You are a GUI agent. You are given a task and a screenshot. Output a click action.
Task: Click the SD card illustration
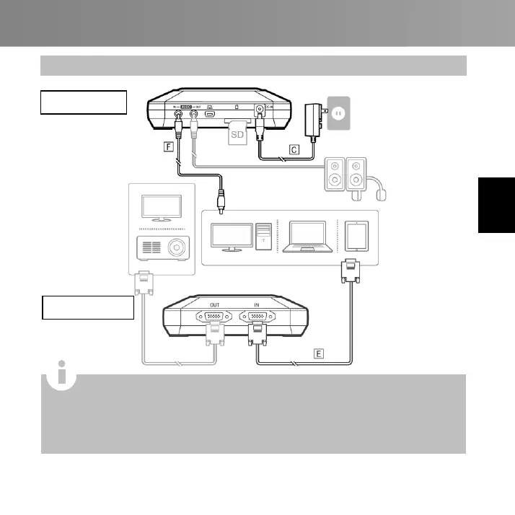coord(237,133)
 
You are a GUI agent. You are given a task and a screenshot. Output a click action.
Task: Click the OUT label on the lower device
coord(214,304)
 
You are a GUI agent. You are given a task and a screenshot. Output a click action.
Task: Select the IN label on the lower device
coord(256,304)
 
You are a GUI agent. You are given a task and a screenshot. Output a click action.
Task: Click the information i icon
coord(62,375)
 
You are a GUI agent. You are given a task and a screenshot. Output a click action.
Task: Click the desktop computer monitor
coord(229,237)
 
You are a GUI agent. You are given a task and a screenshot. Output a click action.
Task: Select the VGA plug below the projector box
coord(144,283)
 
